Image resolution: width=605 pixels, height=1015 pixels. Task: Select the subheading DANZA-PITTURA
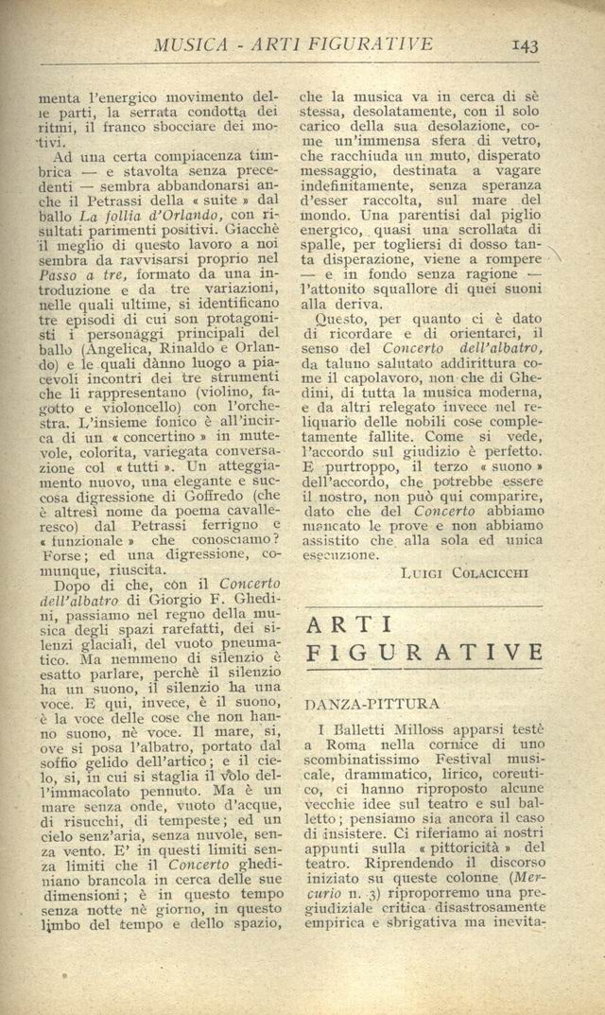(x=358, y=704)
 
